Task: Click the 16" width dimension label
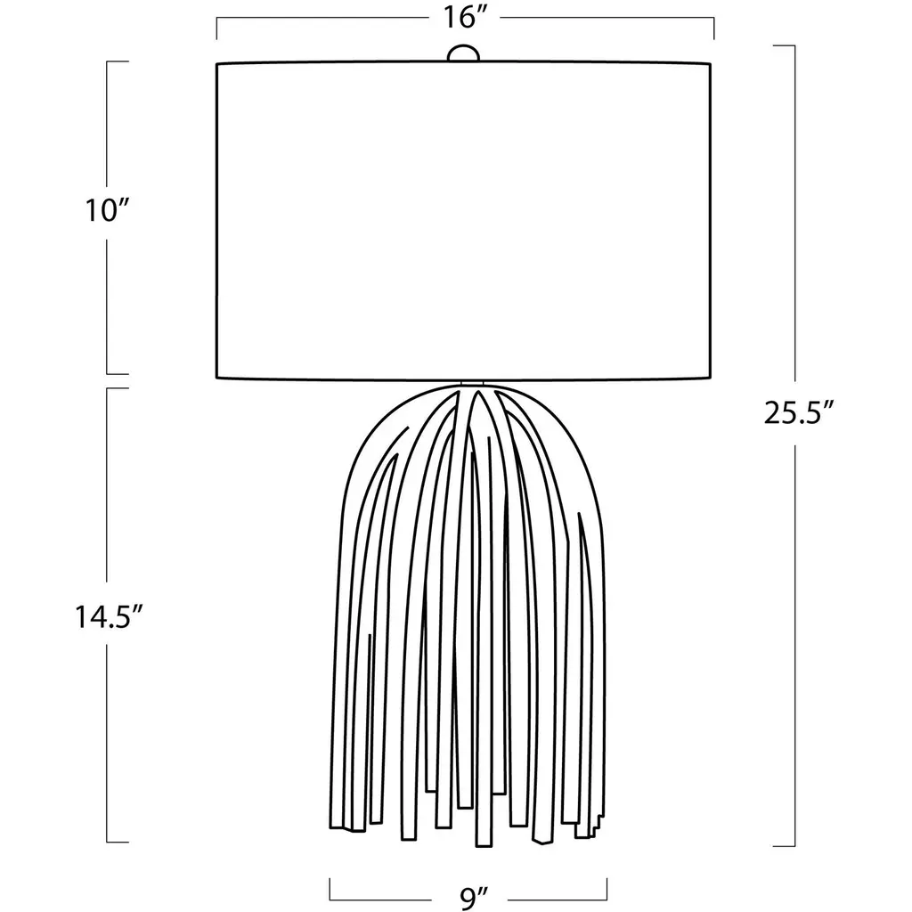point(464,18)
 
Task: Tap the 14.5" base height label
point(108,617)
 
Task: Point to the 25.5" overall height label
point(800,413)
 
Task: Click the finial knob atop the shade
point(463,53)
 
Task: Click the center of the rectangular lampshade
point(463,221)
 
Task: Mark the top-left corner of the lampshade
point(216,63)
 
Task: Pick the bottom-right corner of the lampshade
point(711,379)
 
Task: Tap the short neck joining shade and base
point(472,383)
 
